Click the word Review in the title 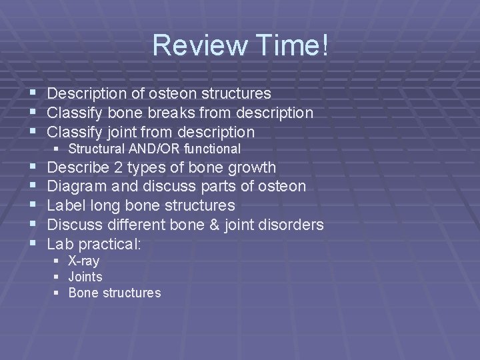(x=193, y=45)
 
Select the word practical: (x=113, y=244)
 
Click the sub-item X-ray (x=84, y=261)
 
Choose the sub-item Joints (x=85, y=277)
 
